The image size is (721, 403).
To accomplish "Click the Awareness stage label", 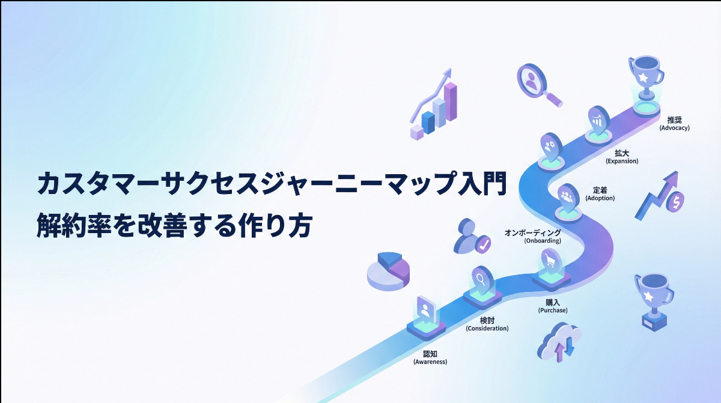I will [x=430, y=358].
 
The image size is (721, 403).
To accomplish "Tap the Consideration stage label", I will [x=487, y=324].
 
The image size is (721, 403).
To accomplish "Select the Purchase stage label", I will [x=552, y=306].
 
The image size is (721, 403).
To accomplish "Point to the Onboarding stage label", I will [x=533, y=236].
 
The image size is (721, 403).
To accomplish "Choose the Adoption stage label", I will [x=600, y=193].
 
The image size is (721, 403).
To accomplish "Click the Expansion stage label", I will [x=622, y=157].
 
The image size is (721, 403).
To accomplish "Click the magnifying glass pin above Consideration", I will [x=481, y=279].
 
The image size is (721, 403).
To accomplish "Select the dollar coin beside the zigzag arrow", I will [x=677, y=202].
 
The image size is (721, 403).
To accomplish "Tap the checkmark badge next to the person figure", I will [x=482, y=243].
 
